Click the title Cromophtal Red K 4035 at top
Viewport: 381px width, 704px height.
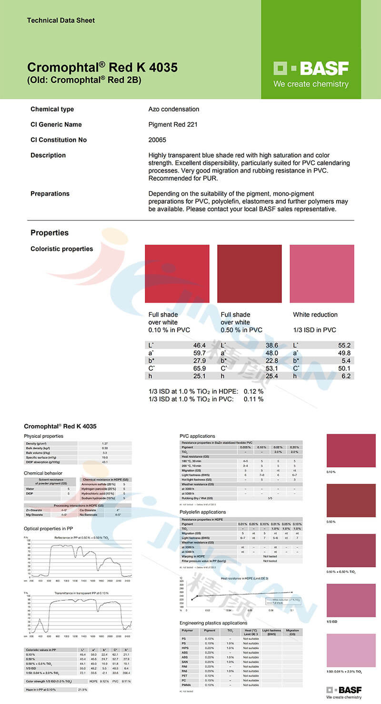pyautogui.click(x=102, y=67)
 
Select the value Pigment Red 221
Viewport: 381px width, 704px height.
pyautogui.click(x=173, y=125)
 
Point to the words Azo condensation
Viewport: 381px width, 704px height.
pyautogui.click(x=174, y=109)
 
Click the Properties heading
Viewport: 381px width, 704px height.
pyautogui.click(x=50, y=233)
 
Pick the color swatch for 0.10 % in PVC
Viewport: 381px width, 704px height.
pyautogui.click(x=177, y=274)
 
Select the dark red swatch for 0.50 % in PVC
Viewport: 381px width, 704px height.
pyautogui.click(x=249, y=274)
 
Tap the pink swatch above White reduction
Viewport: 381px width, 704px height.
pyautogui.click(x=321, y=274)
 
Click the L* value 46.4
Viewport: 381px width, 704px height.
pyautogui.click(x=199, y=346)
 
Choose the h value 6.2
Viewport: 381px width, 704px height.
pyautogui.click(x=346, y=376)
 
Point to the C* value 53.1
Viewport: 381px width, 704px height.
pyautogui.click(x=271, y=368)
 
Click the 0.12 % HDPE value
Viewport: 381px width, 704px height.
pyautogui.click(x=253, y=391)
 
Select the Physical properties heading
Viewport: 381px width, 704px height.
pyautogui.click(x=43, y=436)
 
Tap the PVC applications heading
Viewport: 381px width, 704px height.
pyautogui.click(x=197, y=436)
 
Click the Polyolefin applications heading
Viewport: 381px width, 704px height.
pyautogui.click(x=202, y=512)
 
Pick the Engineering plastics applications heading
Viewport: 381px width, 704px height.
pyautogui.click(x=213, y=623)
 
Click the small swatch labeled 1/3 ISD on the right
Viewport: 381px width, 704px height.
pyautogui.click(x=351, y=600)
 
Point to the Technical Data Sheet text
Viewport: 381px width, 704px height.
pyautogui.click(x=61, y=20)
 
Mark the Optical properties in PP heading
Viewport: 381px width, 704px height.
pyautogui.click(x=48, y=529)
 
